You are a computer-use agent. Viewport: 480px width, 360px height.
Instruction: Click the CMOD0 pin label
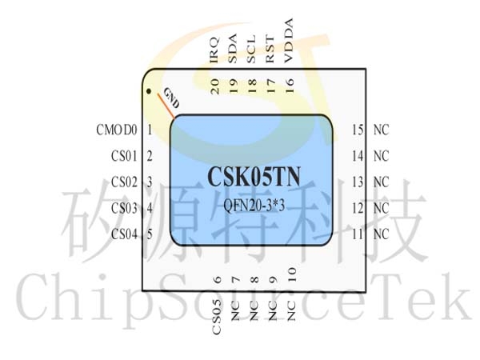(x=117, y=130)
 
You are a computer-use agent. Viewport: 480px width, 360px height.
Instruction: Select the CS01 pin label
(x=124, y=156)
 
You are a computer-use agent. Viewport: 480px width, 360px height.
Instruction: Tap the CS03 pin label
(x=124, y=209)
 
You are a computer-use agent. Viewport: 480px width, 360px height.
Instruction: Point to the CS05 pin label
(x=217, y=317)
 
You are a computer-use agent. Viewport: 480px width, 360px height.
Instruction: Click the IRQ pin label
(x=214, y=50)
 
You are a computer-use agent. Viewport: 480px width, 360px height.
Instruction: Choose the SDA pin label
(x=233, y=48)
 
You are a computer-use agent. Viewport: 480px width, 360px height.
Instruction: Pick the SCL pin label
(x=251, y=50)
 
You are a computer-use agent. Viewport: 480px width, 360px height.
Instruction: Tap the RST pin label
(x=270, y=50)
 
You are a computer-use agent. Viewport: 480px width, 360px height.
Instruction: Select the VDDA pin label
(x=289, y=41)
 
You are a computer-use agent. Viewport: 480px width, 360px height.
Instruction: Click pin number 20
(x=215, y=86)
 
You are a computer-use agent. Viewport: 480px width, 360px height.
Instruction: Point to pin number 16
(x=289, y=86)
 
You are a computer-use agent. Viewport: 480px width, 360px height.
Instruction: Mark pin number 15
(x=358, y=130)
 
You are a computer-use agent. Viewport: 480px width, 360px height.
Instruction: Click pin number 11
(x=358, y=234)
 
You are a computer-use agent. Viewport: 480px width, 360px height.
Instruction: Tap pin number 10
(x=292, y=274)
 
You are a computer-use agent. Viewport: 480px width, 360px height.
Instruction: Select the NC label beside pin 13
(x=381, y=182)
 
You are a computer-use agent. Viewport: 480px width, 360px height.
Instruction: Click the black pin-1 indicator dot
(x=149, y=91)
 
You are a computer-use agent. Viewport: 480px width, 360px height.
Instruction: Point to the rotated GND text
(x=171, y=98)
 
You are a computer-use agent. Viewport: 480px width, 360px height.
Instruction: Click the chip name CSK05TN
(x=254, y=177)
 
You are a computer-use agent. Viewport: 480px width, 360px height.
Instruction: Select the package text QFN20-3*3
(x=254, y=205)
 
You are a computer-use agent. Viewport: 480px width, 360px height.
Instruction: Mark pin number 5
(x=150, y=234)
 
